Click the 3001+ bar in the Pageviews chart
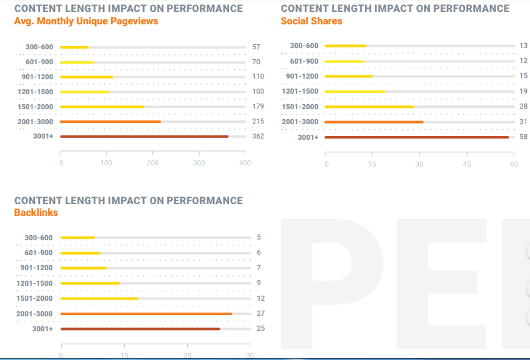[x=144, y=136]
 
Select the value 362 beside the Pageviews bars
[x=258, y=136]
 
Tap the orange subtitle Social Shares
[x=311, y=21]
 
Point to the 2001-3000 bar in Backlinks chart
[x=146, y=314]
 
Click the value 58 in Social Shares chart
[x=523, y=137]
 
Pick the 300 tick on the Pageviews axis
[x=199, y=163]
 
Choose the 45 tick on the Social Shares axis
[x=467, y=163]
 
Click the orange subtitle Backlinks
[x=36, y=213]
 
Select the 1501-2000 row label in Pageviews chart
[x=36, y=107]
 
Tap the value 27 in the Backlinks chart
[x=260, y=313]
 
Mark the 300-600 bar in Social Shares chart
[x=345, y=46]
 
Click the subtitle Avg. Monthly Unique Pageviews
[x=86, y=21]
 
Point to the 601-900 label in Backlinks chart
[x=39, y=253]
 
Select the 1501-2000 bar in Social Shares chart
[x=369, y=107]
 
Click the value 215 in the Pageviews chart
[x=258, y=121]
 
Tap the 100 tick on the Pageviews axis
[x=107, y=163]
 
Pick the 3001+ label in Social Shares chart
[x=307, y=137]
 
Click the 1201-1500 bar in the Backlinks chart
[x=90, y=283]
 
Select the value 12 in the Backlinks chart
[x=260, y=298]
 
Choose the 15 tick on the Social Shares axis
[x=372, y=163]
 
